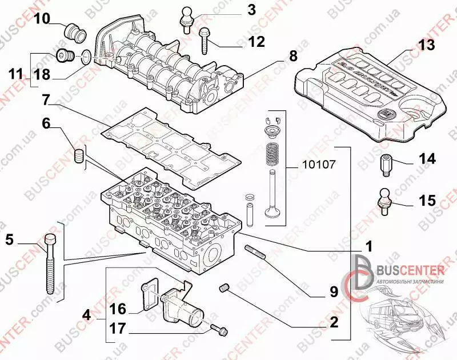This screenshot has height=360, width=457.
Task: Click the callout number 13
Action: click(x=426, y=45)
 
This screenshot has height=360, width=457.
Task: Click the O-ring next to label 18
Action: click(x=84, y=56)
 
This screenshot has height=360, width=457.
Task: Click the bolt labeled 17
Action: click(x=219, y=328)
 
